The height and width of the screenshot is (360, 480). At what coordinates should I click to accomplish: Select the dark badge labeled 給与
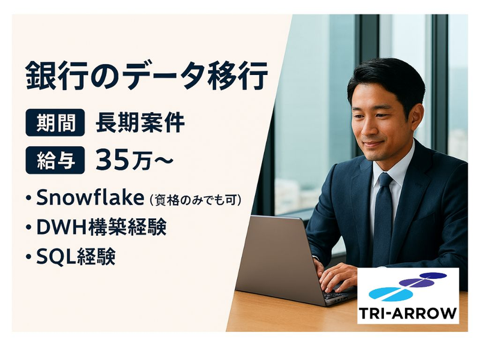tap(55, 161)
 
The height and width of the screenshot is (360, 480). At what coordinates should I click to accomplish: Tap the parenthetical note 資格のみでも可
tap(198, 199)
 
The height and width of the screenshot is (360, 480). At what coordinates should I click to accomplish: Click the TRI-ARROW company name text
tap(408, 313)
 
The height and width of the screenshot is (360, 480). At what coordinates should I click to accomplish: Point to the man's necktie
tap(382, 216)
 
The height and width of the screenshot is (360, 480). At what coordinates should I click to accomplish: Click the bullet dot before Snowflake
tap(28, 199)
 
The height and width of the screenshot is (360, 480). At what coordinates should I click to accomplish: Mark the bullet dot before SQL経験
tap(28, 257)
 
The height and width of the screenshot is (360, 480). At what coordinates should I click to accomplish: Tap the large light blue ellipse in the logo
tap(390, 293)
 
